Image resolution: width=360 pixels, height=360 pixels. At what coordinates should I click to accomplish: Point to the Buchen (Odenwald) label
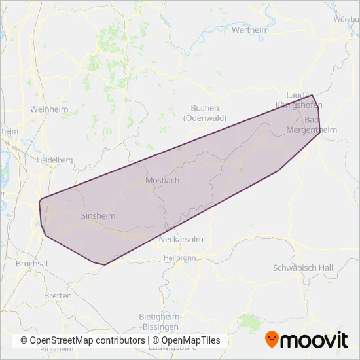[x=205, y=113]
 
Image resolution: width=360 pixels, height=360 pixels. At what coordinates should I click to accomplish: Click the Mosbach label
[x=162, y=180]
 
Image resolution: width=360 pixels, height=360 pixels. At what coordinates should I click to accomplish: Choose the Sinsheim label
[x=98, y=215]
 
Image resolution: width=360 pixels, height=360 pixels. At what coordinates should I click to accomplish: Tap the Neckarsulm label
[x=181, y=240]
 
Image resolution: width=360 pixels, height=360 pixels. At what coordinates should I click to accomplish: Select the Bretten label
[x=58, y=296]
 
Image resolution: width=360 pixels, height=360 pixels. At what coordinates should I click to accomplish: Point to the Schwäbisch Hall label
[x=302, y=268]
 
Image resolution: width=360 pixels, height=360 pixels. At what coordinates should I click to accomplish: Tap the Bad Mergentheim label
[x=312, y=125]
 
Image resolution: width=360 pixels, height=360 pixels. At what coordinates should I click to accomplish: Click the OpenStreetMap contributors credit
[x=83, y=340]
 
